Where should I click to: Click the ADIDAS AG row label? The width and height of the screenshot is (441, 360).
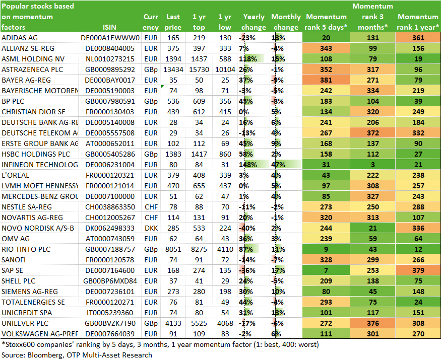pos(20,38)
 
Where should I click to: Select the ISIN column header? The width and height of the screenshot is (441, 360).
pos(109,27)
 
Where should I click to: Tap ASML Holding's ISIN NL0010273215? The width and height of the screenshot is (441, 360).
pos(110,59)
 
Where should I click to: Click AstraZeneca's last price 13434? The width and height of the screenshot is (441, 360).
pos(173,69)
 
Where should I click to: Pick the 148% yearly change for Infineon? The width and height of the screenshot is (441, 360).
pos(248,165)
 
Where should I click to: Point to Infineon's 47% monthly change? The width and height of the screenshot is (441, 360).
pos(278,165)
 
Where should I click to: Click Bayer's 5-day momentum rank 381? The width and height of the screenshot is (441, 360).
pos(326,80)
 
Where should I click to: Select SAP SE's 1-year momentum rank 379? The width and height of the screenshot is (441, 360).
pos(418,270)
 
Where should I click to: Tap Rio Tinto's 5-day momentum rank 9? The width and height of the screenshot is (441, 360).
pos(326,249)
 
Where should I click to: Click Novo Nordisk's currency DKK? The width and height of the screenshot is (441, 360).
pos(151,228)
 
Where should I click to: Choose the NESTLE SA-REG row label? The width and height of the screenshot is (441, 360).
pos(27,207)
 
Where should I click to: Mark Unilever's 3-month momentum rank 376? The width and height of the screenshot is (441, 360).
pos(372,323)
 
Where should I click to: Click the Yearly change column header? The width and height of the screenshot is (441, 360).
pos(254,22)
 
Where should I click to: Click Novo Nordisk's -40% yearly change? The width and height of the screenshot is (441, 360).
pos(247,228)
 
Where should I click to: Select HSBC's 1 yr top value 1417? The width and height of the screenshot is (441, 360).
pos(199,154)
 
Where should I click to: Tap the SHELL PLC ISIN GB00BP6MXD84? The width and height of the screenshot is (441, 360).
pos(110,281)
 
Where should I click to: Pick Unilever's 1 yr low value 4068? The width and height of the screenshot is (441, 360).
pos(225,323)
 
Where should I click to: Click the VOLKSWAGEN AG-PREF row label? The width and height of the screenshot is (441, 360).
pos(40,334)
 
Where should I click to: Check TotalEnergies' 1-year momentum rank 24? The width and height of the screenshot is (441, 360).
pos(418,302)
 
